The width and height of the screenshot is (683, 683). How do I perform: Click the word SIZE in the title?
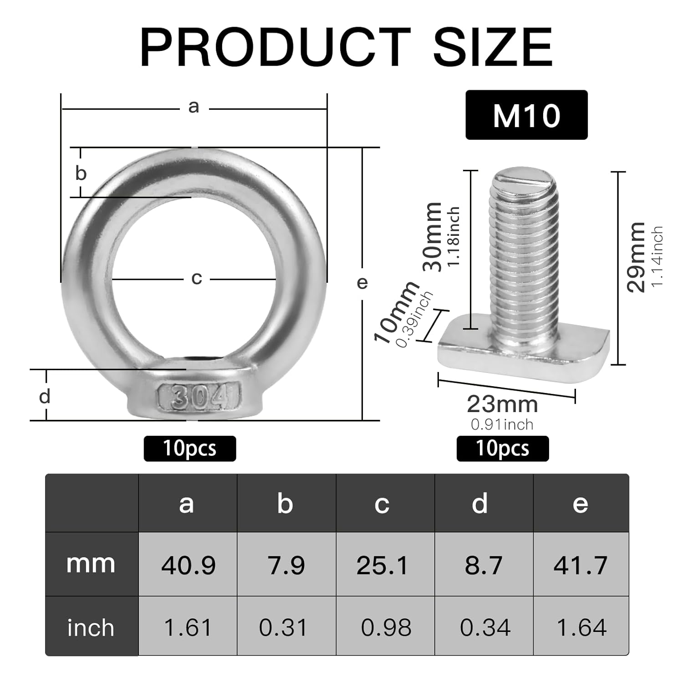[493, 47]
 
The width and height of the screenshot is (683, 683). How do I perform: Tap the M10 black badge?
[526, 115]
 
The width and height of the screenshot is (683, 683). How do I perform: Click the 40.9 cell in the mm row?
[188, 565]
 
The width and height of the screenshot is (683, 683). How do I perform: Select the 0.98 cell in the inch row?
[386, 627]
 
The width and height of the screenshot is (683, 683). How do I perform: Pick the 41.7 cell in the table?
[581, 565]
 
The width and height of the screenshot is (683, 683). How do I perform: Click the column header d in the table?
[479, 504]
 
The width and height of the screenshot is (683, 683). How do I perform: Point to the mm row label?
[91, 564]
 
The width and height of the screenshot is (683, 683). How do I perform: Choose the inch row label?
[91, 627]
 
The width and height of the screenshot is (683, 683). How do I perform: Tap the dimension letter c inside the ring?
[196, 278]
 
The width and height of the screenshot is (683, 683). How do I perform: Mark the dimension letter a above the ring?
[194, 107]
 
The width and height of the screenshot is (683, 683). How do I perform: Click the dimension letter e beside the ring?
[362, 283]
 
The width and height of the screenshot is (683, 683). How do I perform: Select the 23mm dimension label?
[502, 404]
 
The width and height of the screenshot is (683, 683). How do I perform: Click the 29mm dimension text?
[636, 257]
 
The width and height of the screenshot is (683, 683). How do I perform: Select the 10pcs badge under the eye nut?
[190, 449]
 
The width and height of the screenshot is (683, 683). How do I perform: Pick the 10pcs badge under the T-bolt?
[503, 449]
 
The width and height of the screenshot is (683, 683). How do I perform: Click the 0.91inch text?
[502, 424]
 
